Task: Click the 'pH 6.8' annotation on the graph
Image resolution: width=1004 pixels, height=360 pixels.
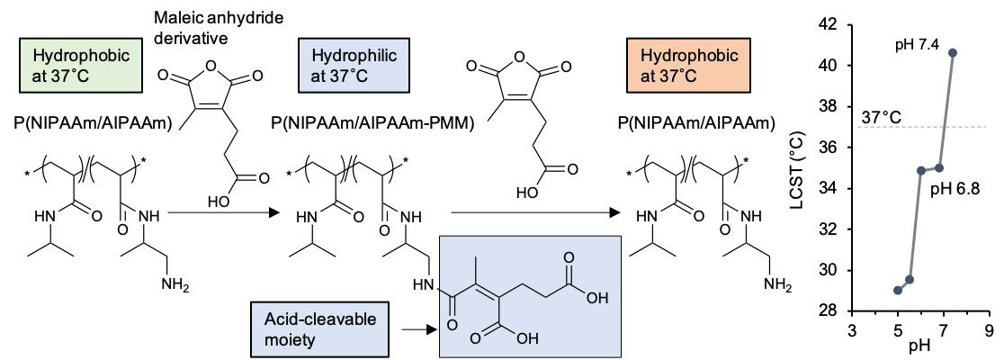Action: (x=954, y=188)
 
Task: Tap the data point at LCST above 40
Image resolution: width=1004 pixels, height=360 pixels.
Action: (x=953, y=52)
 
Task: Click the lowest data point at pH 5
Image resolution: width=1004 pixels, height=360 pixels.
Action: (x=898, y=290)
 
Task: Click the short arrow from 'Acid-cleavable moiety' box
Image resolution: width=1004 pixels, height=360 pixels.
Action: (x=416, y=330)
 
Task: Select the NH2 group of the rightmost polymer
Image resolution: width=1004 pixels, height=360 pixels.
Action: (x=778, y=286)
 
